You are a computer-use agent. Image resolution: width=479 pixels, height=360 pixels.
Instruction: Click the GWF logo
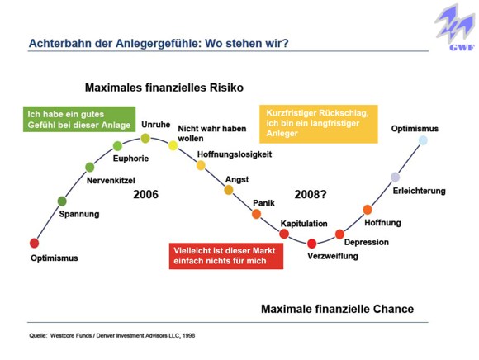point(455,28)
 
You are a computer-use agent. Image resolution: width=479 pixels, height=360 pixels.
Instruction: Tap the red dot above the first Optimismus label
point(35,243)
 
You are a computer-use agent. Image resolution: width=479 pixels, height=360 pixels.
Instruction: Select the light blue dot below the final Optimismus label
point(423,140)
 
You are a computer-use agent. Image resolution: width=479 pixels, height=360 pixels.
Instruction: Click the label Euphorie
point(130,159)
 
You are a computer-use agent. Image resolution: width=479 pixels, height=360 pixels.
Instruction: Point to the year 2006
point(145,195)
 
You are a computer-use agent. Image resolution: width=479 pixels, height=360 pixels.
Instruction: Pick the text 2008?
point(311,195)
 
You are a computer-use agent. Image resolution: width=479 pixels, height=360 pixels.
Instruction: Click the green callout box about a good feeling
point(79,120)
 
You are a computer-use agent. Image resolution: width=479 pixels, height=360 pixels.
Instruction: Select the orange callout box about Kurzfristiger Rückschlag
point(319,124)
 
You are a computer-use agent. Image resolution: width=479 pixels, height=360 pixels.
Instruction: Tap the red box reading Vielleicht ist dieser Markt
point(226,256)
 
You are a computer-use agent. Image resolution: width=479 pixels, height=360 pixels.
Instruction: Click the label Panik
point(263,203)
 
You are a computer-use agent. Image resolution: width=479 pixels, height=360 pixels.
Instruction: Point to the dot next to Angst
point(229,190)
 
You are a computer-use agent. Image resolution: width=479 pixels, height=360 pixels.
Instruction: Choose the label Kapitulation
point(304,224)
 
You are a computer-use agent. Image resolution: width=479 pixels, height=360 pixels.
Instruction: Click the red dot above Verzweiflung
point(311,244)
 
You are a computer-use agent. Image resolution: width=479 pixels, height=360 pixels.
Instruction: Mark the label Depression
point(367,243)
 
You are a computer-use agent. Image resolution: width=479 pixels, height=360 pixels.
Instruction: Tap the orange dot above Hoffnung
point(368,210)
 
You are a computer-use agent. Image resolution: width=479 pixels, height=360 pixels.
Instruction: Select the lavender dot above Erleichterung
point(395,177)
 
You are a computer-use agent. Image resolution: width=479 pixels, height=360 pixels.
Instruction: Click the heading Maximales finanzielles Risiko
point(164,88)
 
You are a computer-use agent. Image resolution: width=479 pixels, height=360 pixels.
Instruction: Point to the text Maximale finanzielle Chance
point(337,309)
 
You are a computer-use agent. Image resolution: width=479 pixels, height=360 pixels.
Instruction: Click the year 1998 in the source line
point(189,335)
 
